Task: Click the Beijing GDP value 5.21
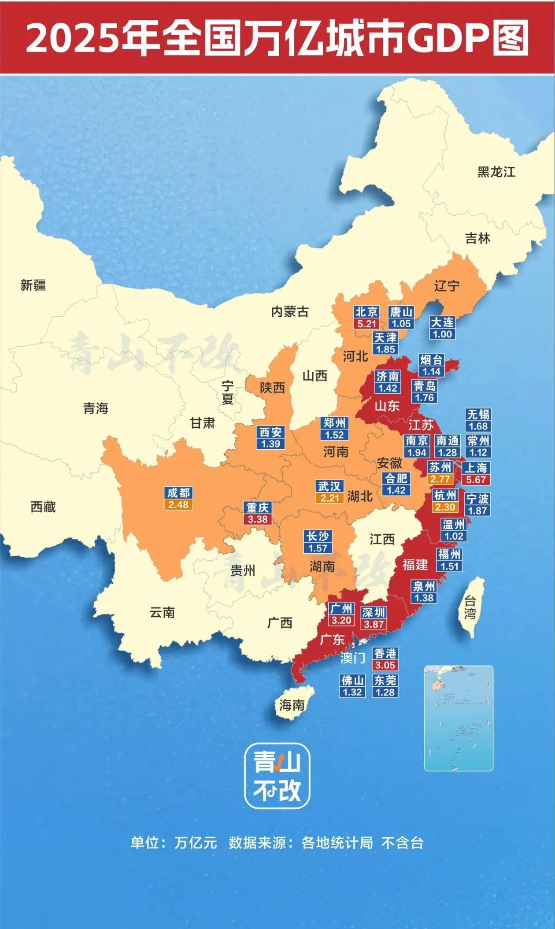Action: click(366, 324)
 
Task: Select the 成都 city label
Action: click(178, 493)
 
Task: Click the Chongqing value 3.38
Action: click(258, 519)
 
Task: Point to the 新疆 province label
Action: click(33, 285)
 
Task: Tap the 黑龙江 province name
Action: click(496, 172)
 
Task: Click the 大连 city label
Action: click(442, 322)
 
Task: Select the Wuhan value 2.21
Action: click(329, 498)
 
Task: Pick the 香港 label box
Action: click(385, 654)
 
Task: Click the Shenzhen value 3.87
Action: click(374, 624)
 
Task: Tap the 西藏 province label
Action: click(43, 507)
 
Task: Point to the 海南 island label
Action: click(292, 705)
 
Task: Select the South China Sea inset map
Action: click(458, 718)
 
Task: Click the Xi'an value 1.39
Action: click(270, 444)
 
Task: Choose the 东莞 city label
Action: click(385, 681)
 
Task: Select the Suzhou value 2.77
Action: click(440, 479)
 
